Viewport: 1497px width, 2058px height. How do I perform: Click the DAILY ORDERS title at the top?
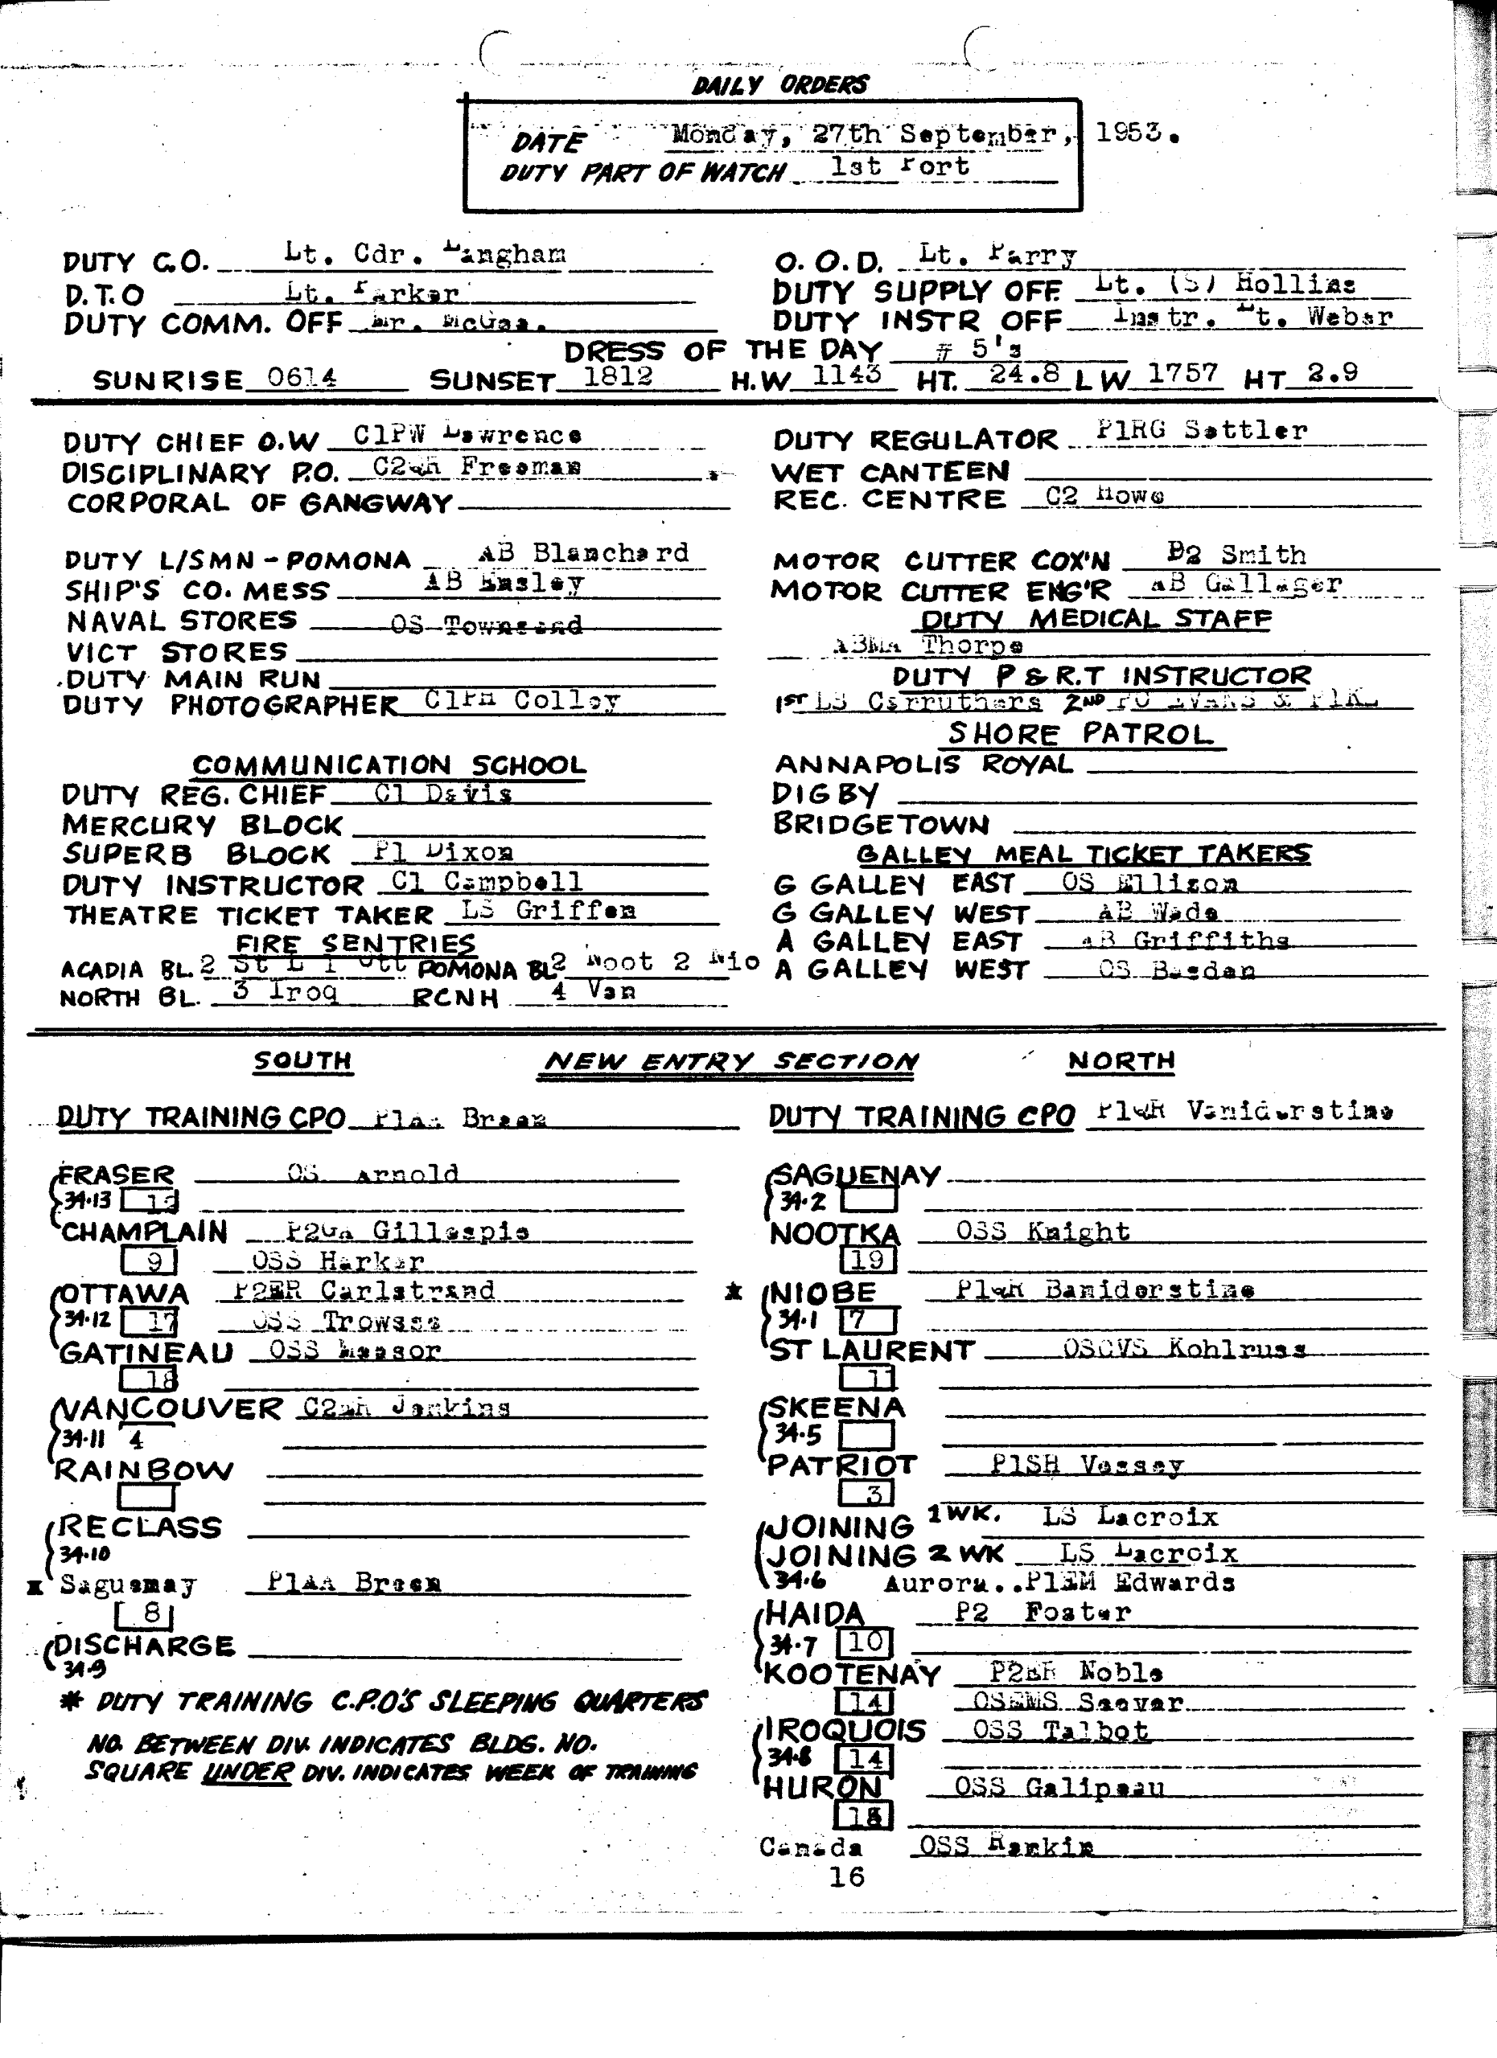click(x=779, y=85)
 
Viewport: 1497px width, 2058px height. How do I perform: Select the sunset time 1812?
click(x=617, y=375)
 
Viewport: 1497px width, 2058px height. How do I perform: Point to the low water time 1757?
click(x=1184, y=374)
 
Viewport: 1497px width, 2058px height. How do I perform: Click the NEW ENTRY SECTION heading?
click(x=730, y=1062)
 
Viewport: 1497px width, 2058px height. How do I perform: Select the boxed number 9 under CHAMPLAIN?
click(x=149, y=1261)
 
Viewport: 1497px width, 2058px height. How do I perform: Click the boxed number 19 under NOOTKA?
click(x=868, y=1260)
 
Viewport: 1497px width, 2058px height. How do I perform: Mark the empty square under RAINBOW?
click(x=146, y=1496)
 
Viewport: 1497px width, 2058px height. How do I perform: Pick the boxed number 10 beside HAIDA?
click(x=866, y=1642)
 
